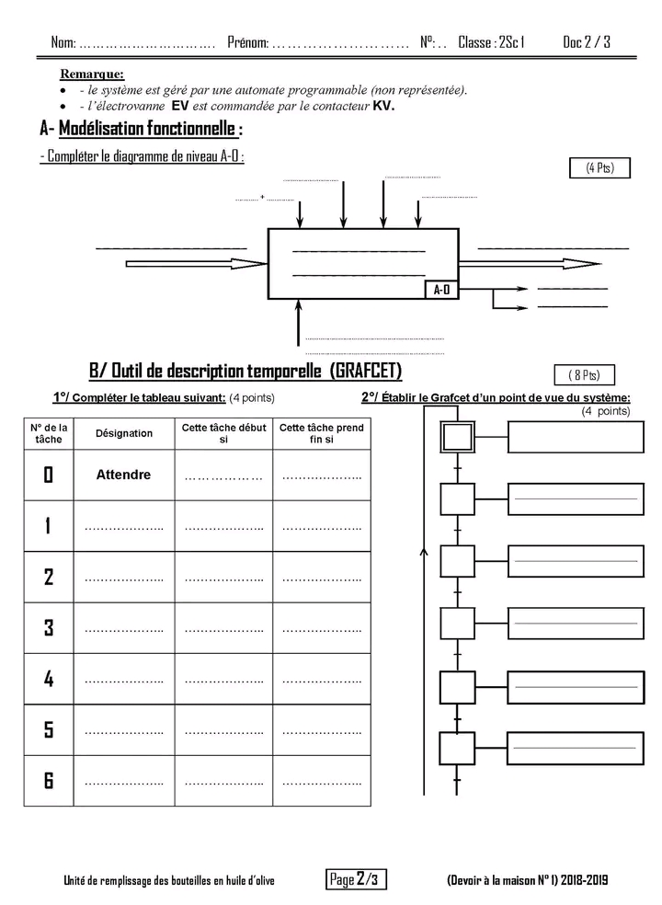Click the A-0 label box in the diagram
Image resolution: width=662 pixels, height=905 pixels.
442,289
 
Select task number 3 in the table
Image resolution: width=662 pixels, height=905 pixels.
49,628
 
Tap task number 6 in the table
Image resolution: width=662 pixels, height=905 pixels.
49,781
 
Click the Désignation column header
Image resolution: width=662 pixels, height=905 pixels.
123,433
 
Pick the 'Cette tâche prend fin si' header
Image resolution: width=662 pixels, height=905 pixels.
322,433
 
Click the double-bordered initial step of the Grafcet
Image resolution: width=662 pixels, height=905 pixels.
457,437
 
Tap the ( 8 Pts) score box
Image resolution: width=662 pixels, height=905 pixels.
584,374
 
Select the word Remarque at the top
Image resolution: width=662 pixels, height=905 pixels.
92,74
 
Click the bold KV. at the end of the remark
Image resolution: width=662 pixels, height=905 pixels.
383,106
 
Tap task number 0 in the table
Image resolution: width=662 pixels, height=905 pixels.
49,475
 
